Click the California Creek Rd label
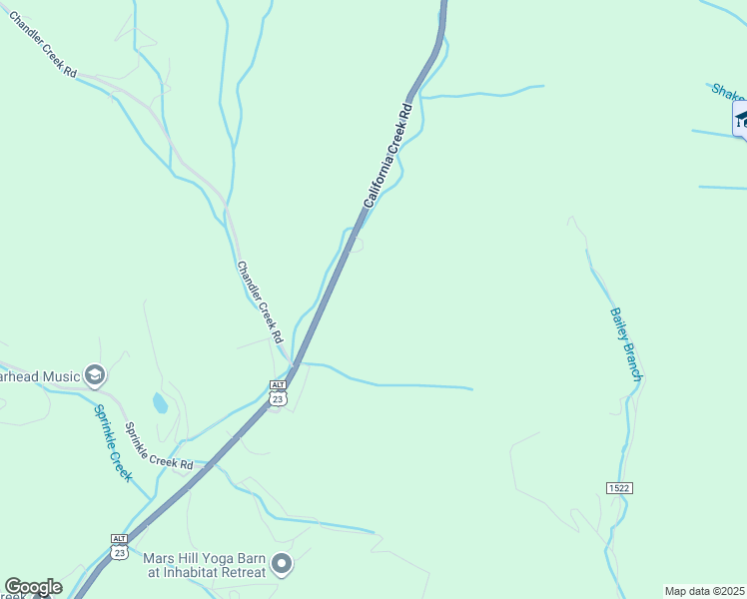[x=387, y=154]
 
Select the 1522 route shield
[x=619, y=487]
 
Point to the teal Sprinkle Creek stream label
[x=113, y=441]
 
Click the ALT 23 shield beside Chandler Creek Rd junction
[x=279, y=392]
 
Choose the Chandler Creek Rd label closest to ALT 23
[x=261, y=301]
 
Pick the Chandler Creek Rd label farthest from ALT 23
[x=43, y=46]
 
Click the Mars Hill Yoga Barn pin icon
[x=282, y=565]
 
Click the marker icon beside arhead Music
[x=95, y=376]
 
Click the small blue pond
[x=160, y=403]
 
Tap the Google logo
[x=32, y=587]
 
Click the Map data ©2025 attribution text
[x=704, y=591]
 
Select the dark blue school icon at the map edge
[x=741, y=119]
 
